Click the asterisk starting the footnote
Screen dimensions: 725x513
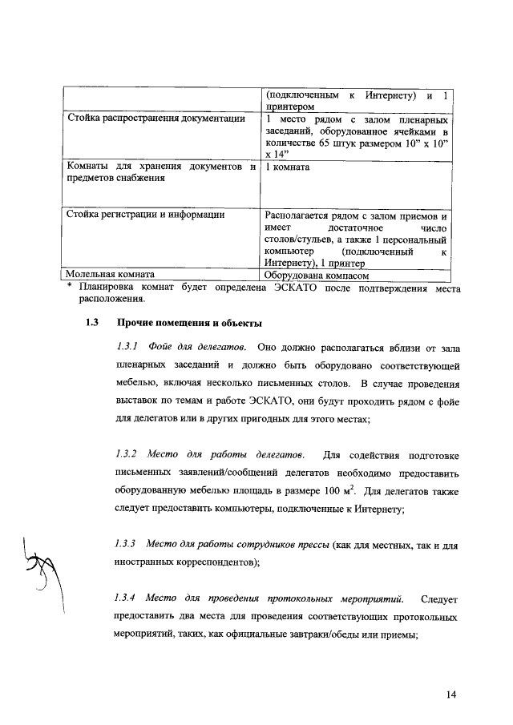71,287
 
